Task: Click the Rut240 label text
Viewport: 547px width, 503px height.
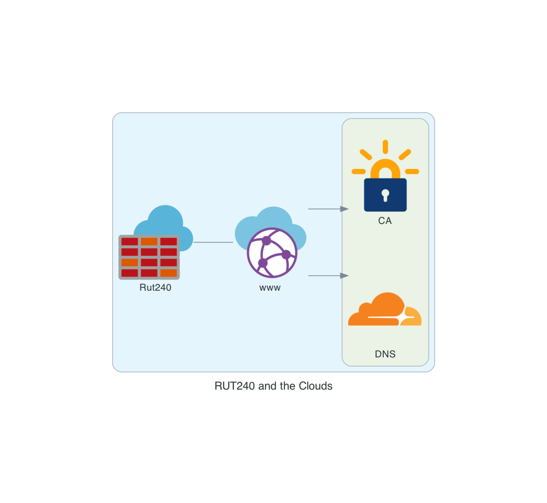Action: [155, 287]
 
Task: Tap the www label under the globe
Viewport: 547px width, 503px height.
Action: [270, 288]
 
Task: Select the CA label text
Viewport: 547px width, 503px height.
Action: [385, 221]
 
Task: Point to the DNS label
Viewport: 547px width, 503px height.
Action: [385, 354]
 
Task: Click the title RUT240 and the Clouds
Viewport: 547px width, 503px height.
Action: [273, 386]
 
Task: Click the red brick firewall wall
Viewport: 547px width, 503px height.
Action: [149, 257]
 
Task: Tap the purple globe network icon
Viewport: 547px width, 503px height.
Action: [272, 253]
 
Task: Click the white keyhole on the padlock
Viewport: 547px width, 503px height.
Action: [385, 195]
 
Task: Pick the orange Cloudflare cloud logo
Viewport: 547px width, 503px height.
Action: [385, 310]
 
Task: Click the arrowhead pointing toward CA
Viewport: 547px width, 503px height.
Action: [344, 209]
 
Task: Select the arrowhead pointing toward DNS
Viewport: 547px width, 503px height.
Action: [344, 276]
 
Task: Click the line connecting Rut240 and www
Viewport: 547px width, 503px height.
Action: [213, 242]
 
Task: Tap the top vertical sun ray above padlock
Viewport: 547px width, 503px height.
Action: [385, 147]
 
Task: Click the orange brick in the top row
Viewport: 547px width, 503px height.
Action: [149, 241]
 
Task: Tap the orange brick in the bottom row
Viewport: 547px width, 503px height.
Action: [168, 273]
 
